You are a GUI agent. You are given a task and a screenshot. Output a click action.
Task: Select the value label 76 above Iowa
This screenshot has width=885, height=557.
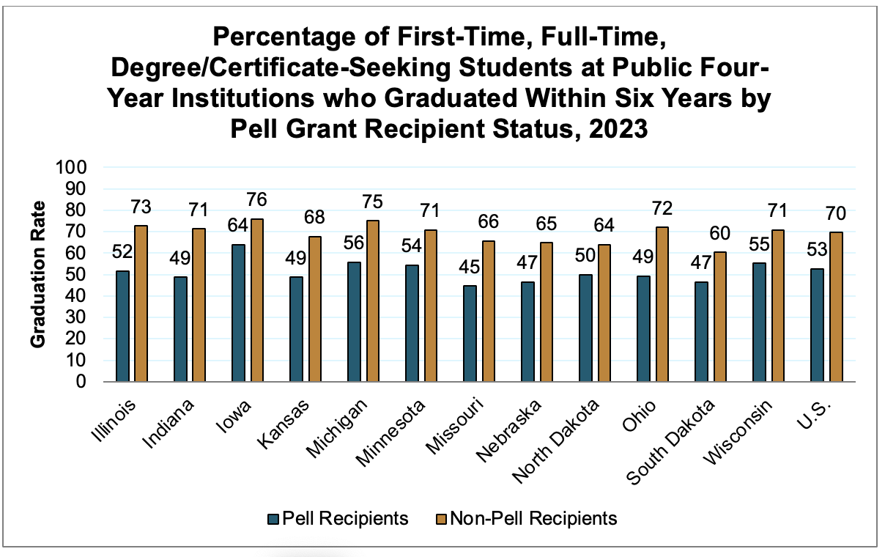point(256,199)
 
